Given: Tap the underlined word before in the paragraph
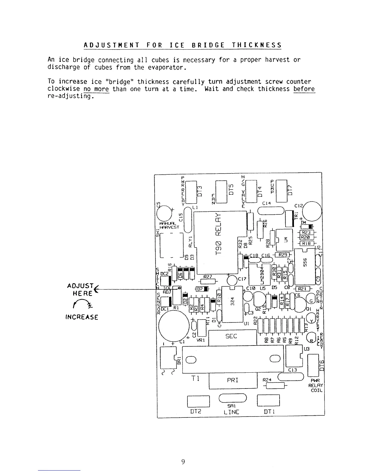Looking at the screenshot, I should pyautogui.click(x=304, y=89).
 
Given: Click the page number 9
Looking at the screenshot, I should pyautogui.click(x=183, y=462).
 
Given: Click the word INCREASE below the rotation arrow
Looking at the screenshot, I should pyautogui.click(x=82, y=317).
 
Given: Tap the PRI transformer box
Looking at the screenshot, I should pyautogui.click(x=233, y=381).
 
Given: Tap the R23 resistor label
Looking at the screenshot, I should pyautogui.click(x=306, y=232).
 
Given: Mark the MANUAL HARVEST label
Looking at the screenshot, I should pyautogui.click(x=169, y=225).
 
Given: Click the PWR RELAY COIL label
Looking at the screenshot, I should pyautogui.click(x=316, y=385).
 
